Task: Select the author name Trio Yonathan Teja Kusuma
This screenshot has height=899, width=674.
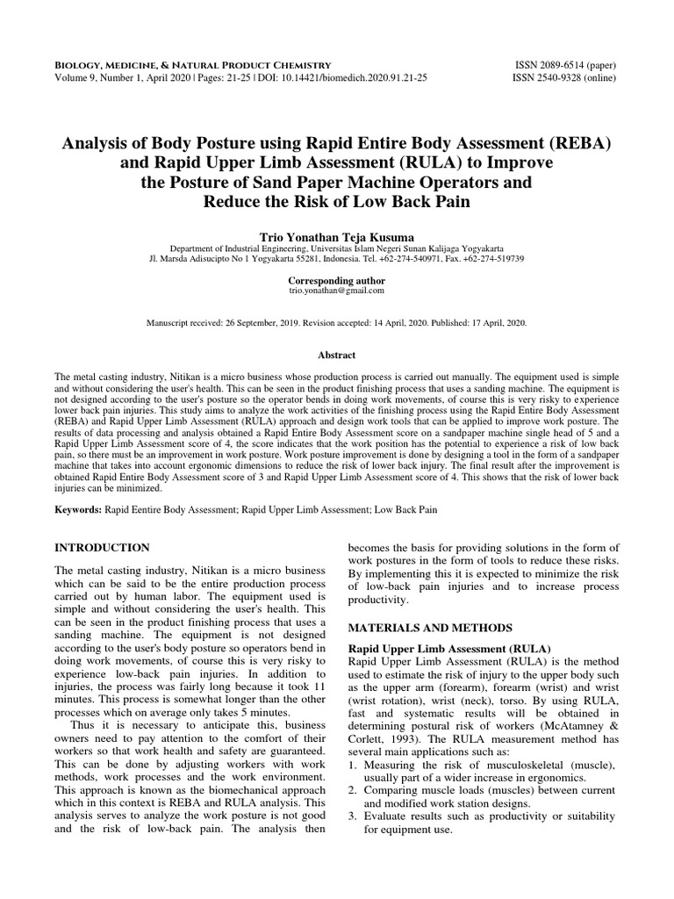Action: click(x=336, y=236)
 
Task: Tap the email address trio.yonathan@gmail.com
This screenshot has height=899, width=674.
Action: click(x=336, y=290)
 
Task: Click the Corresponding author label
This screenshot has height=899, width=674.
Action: click(x=336, y=278)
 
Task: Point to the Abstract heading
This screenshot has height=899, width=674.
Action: click(x=336, y=355)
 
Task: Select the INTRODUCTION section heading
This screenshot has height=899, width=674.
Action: click(x=102, y=547)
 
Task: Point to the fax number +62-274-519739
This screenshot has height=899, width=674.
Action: click(x=490, y=259)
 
